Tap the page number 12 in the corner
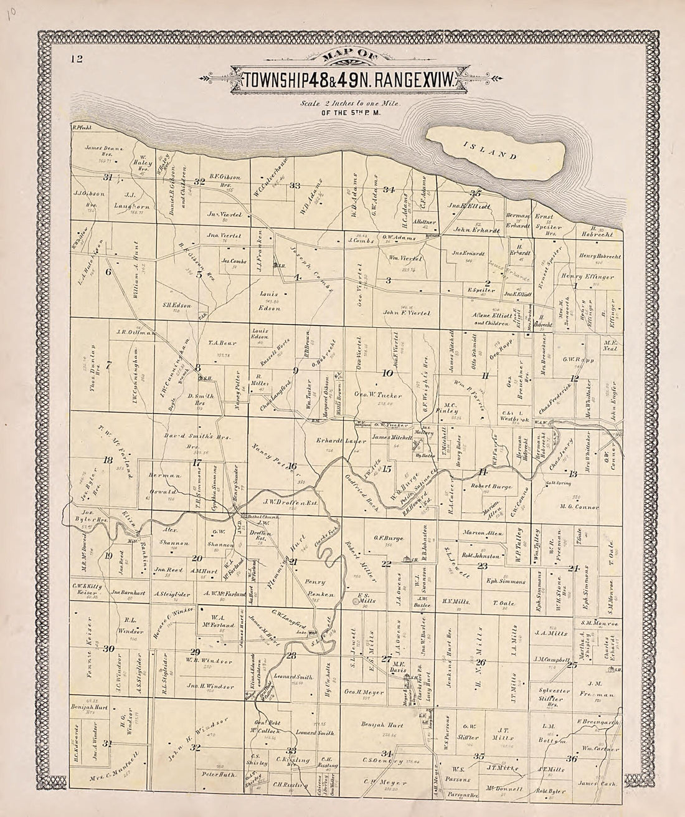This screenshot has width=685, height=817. coord(77,60)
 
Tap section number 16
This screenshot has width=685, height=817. coord(292,466)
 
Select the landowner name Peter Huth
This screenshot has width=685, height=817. coord(217,774)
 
